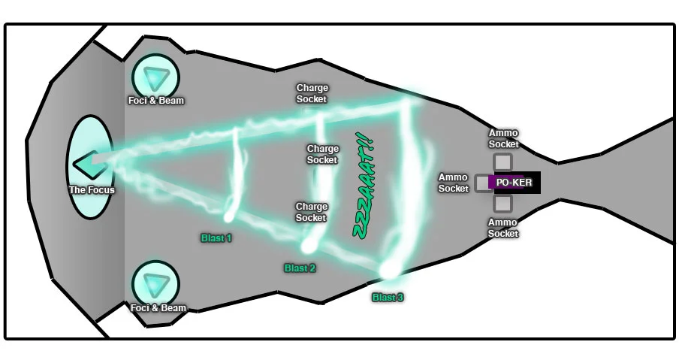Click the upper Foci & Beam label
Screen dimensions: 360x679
click(x=156, y=101)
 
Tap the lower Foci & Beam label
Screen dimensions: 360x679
click(x=158, y=308)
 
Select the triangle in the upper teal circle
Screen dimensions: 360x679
click(x=156, y=77)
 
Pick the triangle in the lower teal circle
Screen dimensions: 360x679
click(x=156, y=284)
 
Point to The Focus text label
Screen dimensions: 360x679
click(x=92, y=190)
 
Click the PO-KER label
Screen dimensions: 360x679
click(x=514, y=183)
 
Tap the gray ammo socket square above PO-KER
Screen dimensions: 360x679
click(x=502, y=162)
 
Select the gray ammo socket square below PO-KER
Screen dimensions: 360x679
click(x=502, y=203)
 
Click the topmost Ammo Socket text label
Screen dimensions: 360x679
click(x=503, y=139)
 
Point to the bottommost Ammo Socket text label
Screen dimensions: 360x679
click(x=503, y=228)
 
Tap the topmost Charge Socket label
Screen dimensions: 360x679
click(x=312, y=93)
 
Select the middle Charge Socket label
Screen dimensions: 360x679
click(x=322, y=154)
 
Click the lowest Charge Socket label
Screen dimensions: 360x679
click(x=311, y=212)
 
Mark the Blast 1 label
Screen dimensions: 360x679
click(x=216, y=238)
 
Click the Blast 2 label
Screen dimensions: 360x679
click(x=300, y=268)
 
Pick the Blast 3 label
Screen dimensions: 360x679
click(x=388, y=298)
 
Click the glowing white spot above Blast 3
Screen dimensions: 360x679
click(x=388, y=268)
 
